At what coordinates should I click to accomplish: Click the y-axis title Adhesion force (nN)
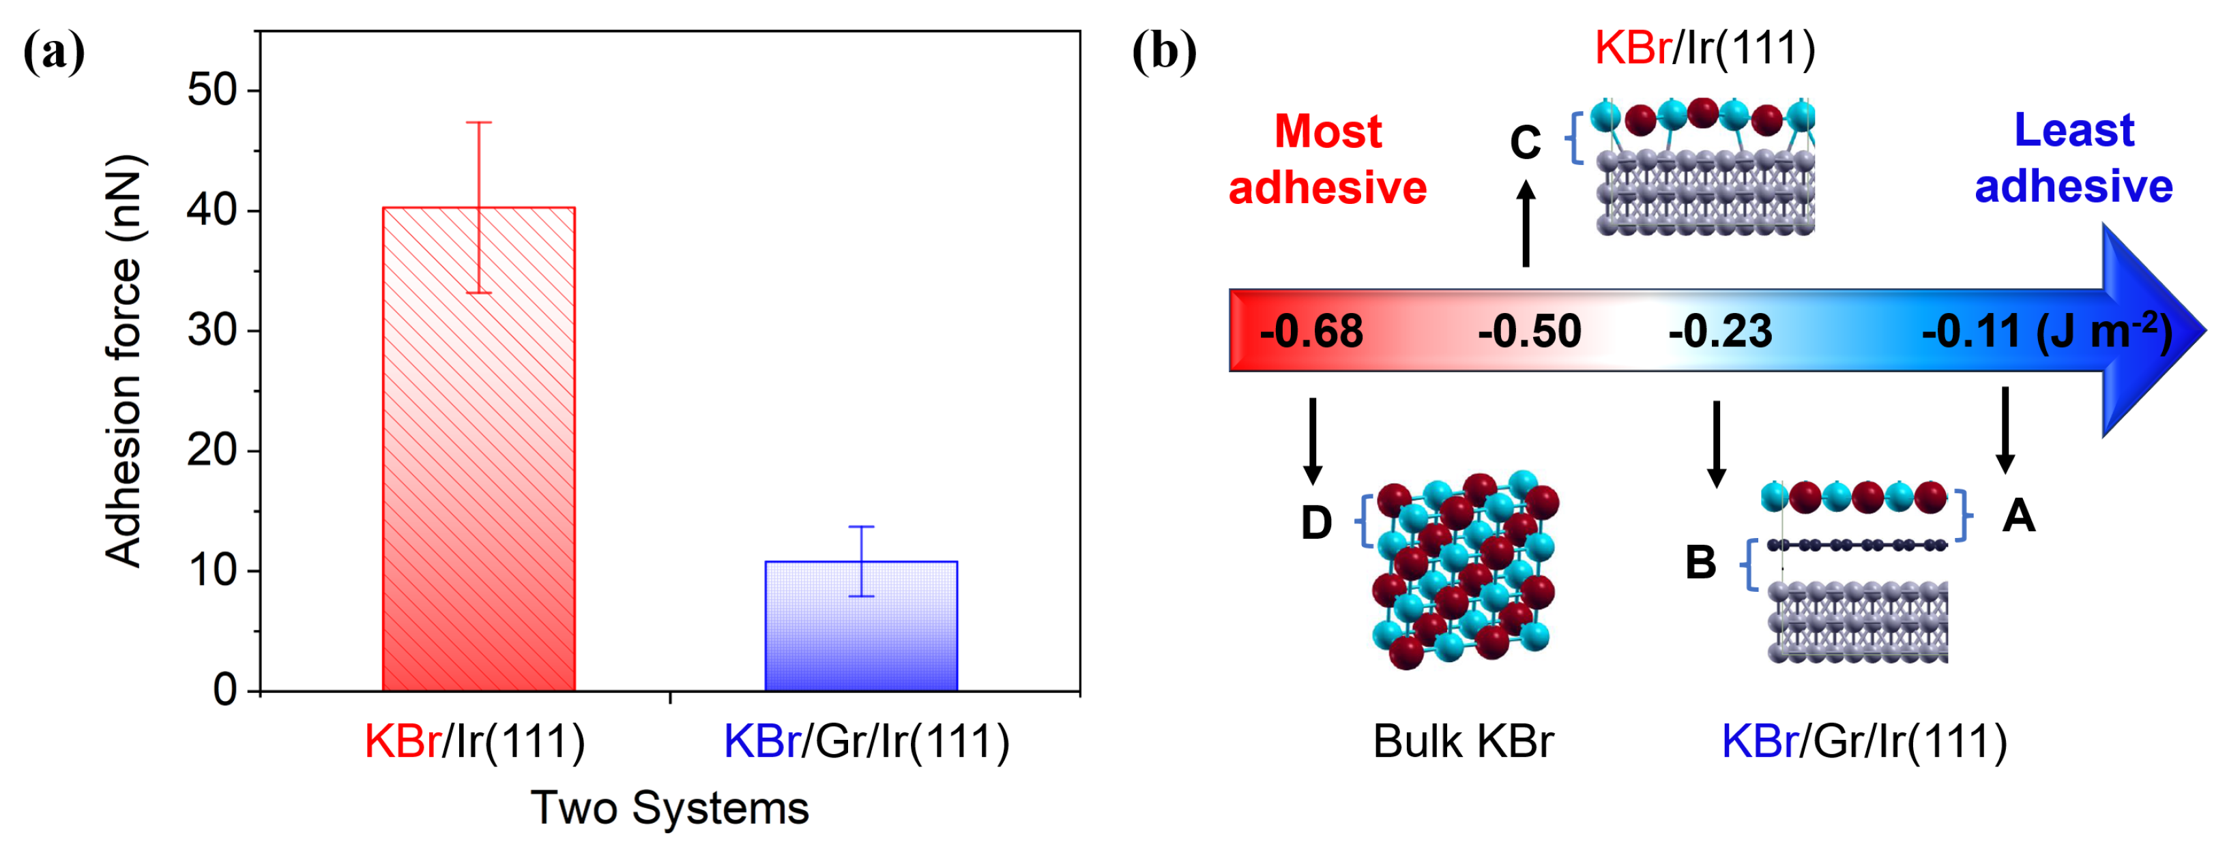pyautogui.click(x=123, y=361)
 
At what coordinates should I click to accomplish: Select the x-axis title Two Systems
pyautogui.click(x=669, y=808)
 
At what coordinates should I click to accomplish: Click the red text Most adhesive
pyautogui.click(x=1327, y=160)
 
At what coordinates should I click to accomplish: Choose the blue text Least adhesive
pyautogui.click(x=2073, y=158)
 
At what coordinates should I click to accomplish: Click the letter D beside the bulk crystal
pyautogui.click(x=1315, y=523)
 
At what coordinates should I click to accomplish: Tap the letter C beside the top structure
pyautogui.click(x=1525, y=143)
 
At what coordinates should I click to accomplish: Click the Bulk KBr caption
pyautogui.click(x=1463, y=741)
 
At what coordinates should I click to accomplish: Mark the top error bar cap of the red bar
pyautogui.click(x=478, y=123)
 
